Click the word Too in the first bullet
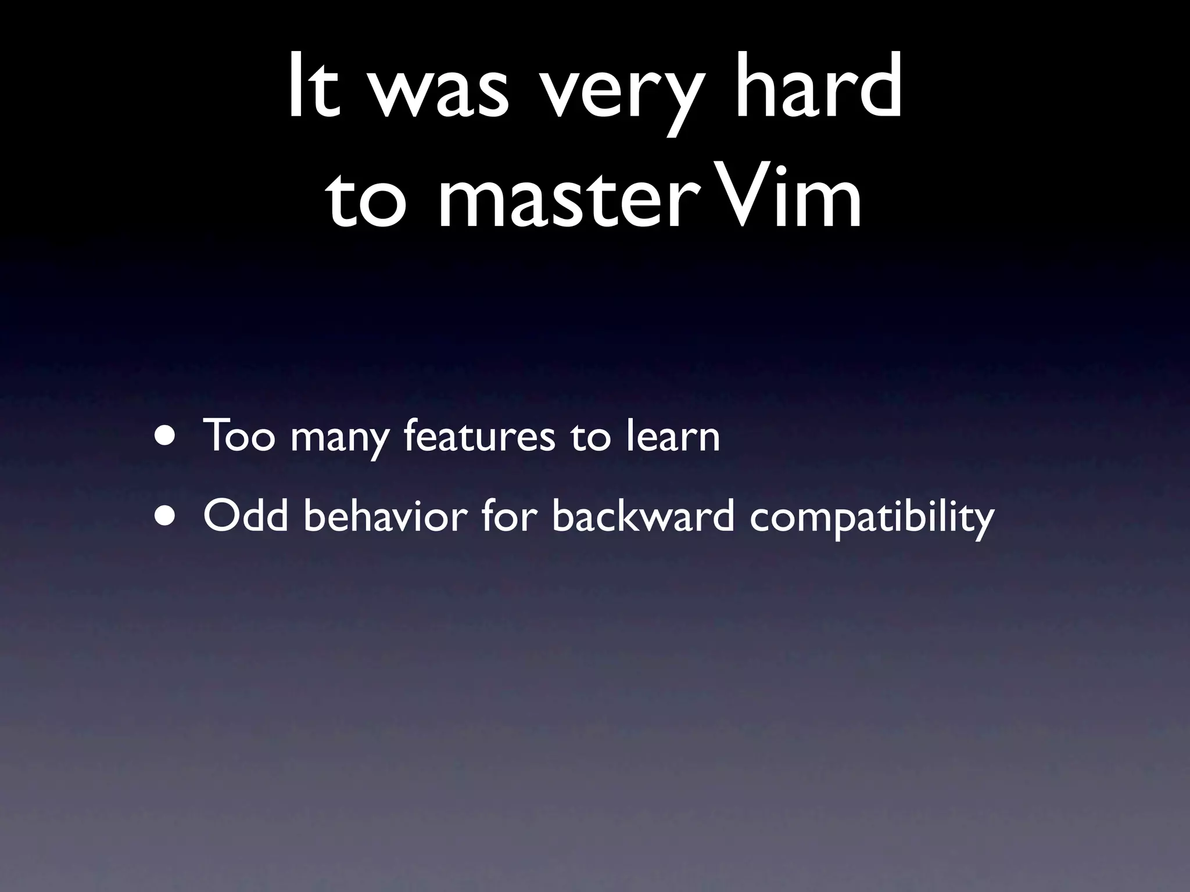click(238, 435)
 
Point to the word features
click(479, 435)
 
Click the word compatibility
click(871, 520)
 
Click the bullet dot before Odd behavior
click(167, 516)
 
